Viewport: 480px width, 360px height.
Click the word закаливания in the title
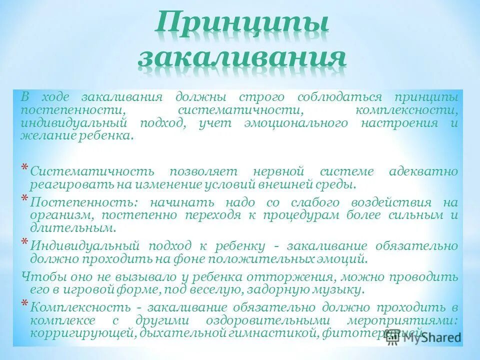pyautogui.click(x=241, y=58)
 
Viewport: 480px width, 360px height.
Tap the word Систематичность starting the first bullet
pyautogui.click(x=92, y=171)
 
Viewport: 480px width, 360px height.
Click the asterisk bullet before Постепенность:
pyautogui.click(x=24, y=197)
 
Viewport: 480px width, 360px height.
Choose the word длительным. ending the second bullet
pyautogui.click(x=73, y=228)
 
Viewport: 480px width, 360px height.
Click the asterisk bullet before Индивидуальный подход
pyautogui.click(x=24, y=241)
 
